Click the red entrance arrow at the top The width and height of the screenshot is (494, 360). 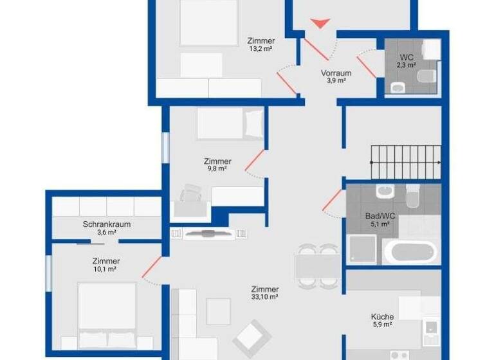tap(320, 23)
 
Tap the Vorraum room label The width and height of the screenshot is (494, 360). tap(336, 73)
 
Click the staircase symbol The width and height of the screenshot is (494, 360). tap(405, 161)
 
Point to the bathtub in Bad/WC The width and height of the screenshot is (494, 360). tap(411, 250)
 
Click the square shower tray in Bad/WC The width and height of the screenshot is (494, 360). tap(361, 249)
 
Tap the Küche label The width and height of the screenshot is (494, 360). tap(382, 316)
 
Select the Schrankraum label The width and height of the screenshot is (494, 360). tap(107, 224)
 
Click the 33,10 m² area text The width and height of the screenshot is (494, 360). tap(264, 297)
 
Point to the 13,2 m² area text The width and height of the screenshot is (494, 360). tap(261, 50)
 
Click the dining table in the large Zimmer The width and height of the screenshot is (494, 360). tap(317, 265)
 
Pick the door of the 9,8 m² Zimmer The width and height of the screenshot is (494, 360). tap(254, 161)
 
